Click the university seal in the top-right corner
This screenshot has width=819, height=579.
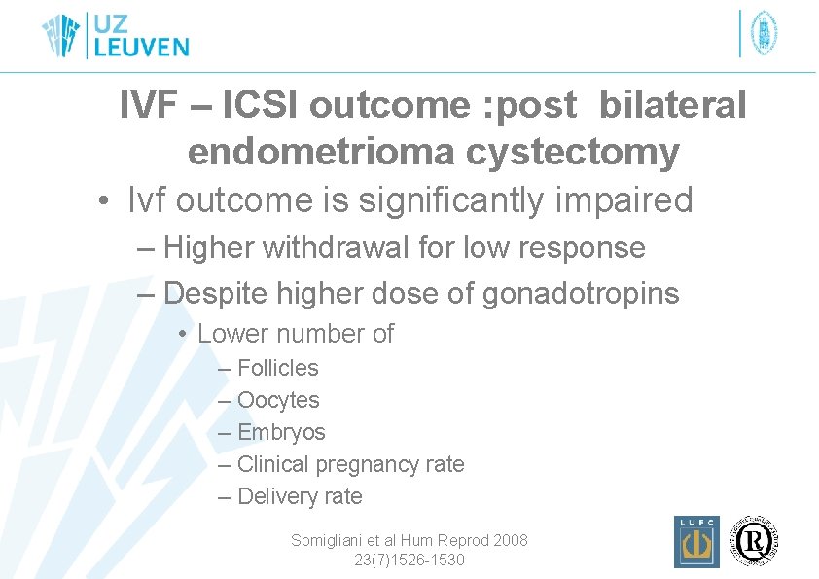(x=766, y=33)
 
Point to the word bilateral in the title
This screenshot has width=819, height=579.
(x=672, y=106)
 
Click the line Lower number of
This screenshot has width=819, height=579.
(x=295, y=333)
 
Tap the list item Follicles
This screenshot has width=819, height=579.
(x=277, y=367)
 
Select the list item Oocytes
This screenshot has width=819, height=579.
(x=277, y=399)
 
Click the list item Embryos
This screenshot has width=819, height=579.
(x=281, y=431)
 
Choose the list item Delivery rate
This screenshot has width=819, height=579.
(x=299, y=496)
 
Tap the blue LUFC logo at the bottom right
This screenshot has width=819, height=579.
(x=696, y=542)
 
